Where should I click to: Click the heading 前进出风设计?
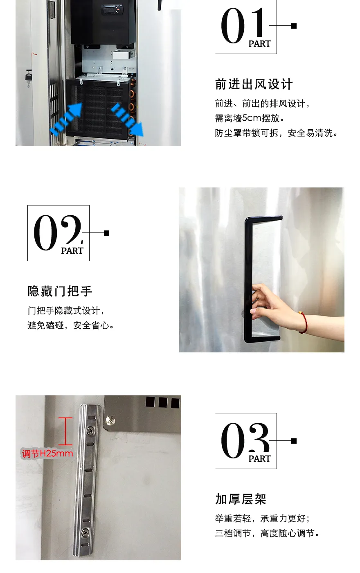click(254, 84)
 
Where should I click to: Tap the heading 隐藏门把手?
click(60, 291)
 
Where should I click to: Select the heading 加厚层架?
click(241, 499)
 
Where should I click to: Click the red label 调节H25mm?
click(47, 453)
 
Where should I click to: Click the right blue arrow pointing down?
click(127, 120)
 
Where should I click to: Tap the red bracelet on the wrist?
click(304, 323)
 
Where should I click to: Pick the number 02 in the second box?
click(57, 232)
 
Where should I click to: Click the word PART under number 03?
click(259, 459)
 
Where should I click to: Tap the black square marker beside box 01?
click(294, 26)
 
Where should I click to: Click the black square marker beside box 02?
click(107, 233)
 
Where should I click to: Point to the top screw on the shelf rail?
click(90, 431)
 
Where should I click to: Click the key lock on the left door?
click(28, 77)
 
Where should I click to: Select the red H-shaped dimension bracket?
click(65, 431)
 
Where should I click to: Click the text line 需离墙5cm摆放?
click(250, 118)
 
